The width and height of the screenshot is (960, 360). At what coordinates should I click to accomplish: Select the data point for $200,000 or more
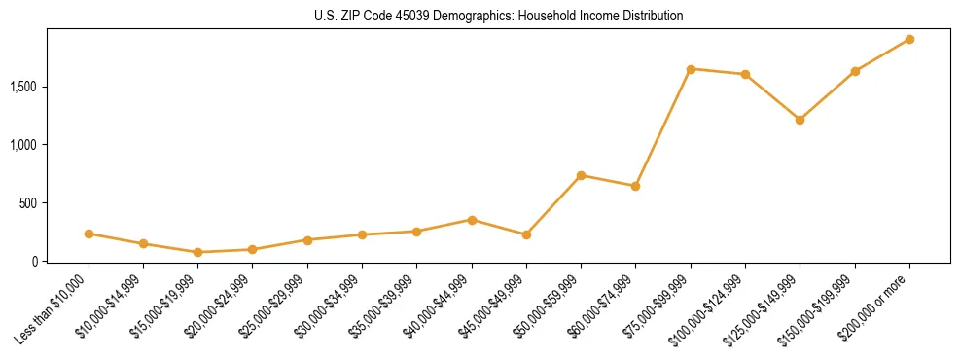click(x=909, y=39)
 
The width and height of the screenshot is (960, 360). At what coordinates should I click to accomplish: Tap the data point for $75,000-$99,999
click(x=691, y=69)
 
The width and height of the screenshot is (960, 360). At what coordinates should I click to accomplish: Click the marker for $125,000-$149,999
click(x=800, y=120)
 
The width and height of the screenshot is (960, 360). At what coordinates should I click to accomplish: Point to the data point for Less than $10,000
click(x=89, y=234)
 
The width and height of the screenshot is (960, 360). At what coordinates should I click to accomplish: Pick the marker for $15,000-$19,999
click(x=197, y=252)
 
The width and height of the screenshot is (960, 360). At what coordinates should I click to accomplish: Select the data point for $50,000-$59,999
click(x=581, y=175)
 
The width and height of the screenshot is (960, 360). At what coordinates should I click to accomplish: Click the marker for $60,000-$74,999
click(x=635, y=186)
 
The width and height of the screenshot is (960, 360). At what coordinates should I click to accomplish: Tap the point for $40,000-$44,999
click(x=472, y=220)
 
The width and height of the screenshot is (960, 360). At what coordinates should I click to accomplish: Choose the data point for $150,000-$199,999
click(x=855, y=71)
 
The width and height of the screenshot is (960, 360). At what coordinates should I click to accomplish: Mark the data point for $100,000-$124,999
click(x=745, y=74)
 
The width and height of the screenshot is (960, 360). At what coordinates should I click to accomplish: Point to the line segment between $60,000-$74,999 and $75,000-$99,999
click(x=663, y=127)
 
